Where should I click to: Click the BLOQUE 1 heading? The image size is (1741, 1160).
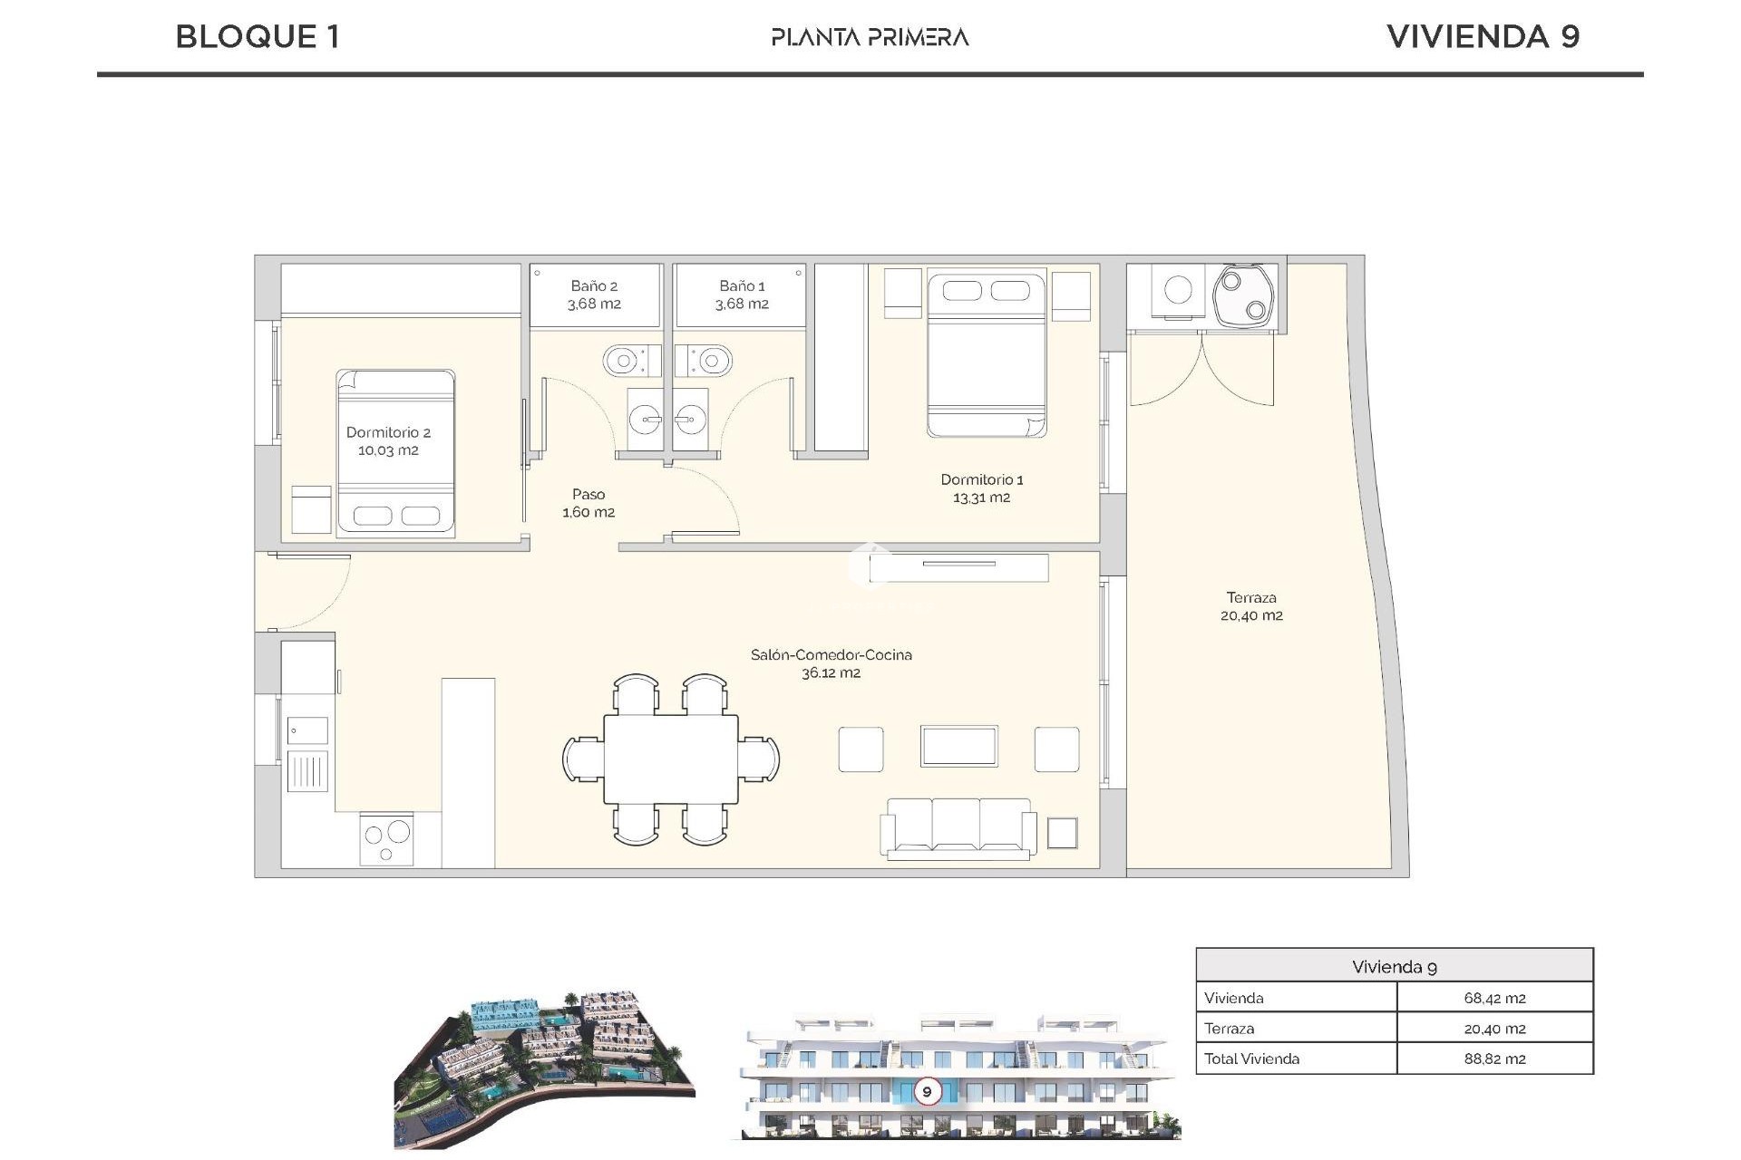pyautogui.click(x=258, y=37)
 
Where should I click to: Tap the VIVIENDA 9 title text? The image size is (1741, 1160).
pyautogui.click(x=1483, y=37)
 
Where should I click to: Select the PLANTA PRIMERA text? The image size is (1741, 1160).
pyautogui.click(x=870, y=37)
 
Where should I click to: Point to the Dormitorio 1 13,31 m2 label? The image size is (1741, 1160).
pyautogui.click(x=981, y=488)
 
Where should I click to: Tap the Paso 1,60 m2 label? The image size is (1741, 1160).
pyautogui.click(x=588, y=503)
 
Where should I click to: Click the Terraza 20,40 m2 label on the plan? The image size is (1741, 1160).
pyautogui.click(x=1251, y=606)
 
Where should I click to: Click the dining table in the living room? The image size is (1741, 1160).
pyautogui.click(x=670, y=759)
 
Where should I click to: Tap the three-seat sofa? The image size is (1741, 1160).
pyautogui.click(x=958, y=826)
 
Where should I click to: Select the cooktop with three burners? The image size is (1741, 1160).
pyautogui.click(x=387, y=839)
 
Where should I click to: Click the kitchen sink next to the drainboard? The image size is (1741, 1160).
pyautogui.click(x=307, y=730)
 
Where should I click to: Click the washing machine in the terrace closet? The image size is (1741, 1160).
pyautogui.click(x=1178, y=291)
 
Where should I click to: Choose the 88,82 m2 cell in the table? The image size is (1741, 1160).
pyautogui.click(x=1494, y=1058)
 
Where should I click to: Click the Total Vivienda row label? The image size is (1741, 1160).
pyautogui.click(x=1251, y=1058)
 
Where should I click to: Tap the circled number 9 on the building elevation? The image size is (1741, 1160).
pyautogui.click(x=927, y=1091)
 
